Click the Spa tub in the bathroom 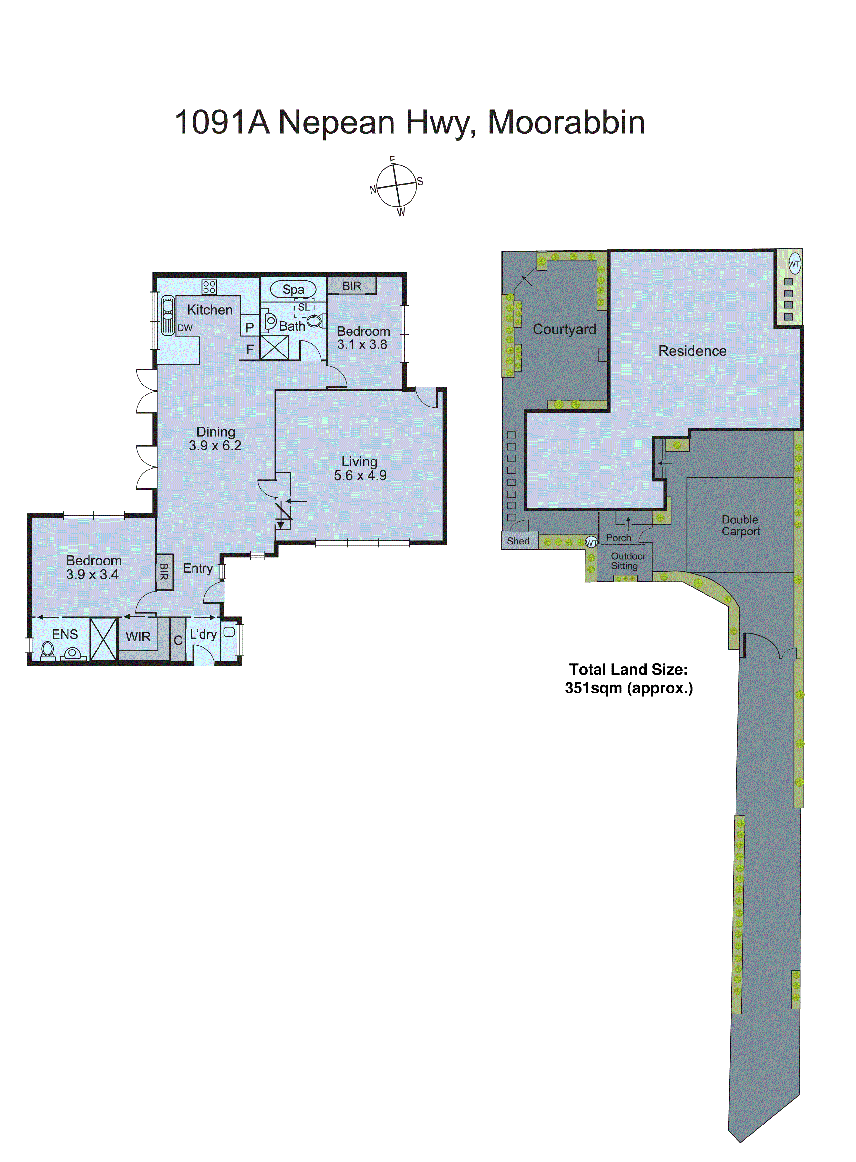pos(293,289)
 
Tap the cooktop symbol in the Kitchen pos(209,287)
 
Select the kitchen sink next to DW pos(168,315)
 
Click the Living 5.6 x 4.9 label pos(360,468)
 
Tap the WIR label pos(138,637)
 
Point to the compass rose pos(396,185)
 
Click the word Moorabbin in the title pos(566,122)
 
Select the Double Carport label pos(740,525)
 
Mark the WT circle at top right pos(794,263)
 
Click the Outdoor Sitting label pos(628,561)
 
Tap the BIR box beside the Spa pos(351,286)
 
